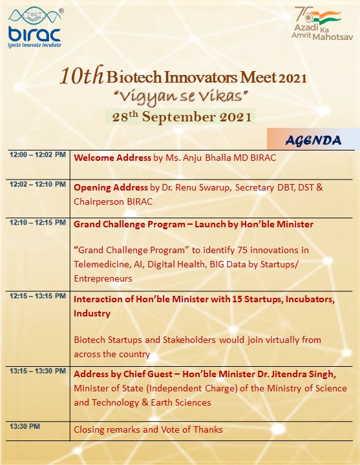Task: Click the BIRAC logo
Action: pos(36,28)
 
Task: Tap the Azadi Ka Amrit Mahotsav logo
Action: pos(322,23)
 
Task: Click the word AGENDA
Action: pos(313,141)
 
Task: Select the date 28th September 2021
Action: pos(182,116)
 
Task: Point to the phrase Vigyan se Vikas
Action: pos(181,97)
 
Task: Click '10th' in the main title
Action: pos(81,76)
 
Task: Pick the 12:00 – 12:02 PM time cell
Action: pos(37,154)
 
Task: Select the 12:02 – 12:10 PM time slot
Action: pos(37,184)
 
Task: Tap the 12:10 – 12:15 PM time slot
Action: pos(37,222)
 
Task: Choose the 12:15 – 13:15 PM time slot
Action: pos(37,296)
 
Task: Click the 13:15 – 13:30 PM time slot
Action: pos(37,371)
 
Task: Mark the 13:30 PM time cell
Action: pos(25,426)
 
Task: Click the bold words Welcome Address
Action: pos(112,158)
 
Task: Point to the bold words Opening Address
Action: pos(111,187)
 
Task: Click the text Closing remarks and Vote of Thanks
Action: pos(148,429)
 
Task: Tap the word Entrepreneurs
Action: pos(103,278)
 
